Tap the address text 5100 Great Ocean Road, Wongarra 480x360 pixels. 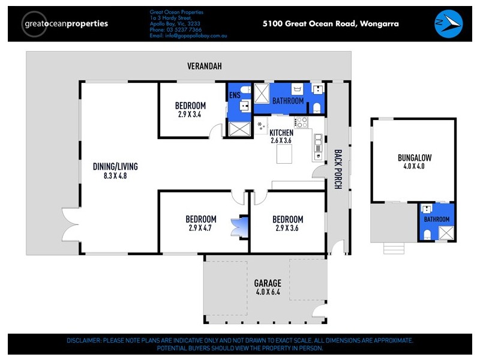(331, 24)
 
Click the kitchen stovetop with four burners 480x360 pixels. (301, 122)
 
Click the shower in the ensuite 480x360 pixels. (239, 130)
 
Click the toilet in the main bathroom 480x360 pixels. (317, 107)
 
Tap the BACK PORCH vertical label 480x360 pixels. (338, 169)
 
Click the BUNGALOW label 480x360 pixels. (415, 158)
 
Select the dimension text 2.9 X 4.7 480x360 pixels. (200, 228)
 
